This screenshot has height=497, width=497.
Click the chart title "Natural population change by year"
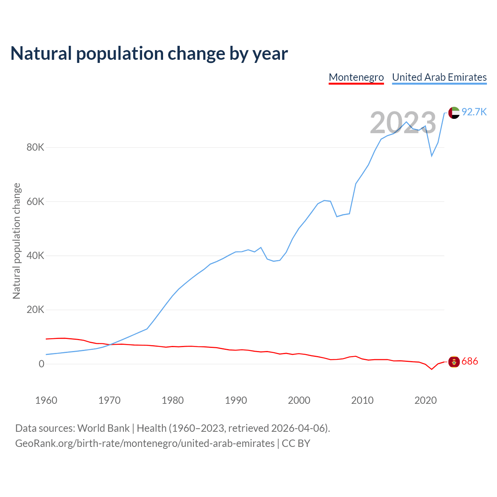pos(149,54)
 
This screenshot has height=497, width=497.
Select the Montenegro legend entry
pos(356,77)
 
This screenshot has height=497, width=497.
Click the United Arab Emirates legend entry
pos(439,77)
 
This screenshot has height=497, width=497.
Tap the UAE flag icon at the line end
pos(454,113)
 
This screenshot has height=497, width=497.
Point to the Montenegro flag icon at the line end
pos(454,361)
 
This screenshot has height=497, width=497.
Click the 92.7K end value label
pos(474,112)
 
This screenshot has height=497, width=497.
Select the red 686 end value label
pos(470,361)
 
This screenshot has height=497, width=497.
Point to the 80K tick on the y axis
pos(35,148)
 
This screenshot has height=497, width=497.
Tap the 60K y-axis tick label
pos(35,202)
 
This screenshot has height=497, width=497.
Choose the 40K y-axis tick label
pos(35,256)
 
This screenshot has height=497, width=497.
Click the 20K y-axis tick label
pos(35,310)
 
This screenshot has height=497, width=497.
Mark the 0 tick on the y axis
pos(41,364)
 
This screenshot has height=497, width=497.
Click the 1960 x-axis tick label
pos(46,400)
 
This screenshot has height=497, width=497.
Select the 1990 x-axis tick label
pos(236,400)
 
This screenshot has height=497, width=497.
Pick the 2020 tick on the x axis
pos(426,400)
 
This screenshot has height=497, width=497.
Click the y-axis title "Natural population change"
pos(17,241)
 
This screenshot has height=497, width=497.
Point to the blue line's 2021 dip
pos(432,156)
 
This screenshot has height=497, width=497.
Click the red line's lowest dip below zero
pos(432,369)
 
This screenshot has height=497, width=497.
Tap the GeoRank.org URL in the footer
pos(145,443)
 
